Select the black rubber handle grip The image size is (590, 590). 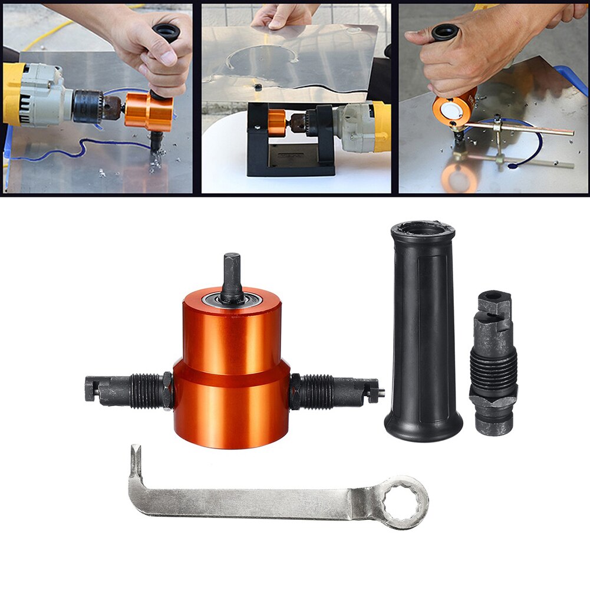point(423,342)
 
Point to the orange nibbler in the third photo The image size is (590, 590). point(454,108)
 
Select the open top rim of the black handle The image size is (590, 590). point(423,229)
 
